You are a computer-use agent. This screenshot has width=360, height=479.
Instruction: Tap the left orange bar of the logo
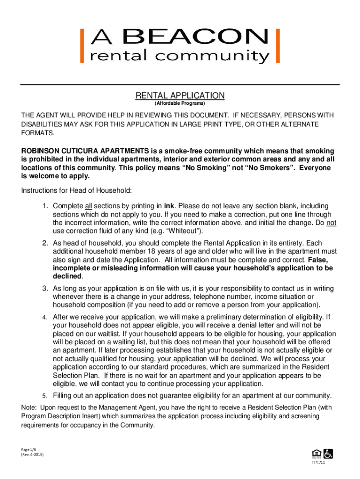pyautogui.click(x=83, y=46)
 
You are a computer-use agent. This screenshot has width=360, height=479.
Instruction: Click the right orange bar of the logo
pyautogui.click(x=278, y=46)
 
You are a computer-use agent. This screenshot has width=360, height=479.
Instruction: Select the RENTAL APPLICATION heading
pyautogui.click(x=180, y=95)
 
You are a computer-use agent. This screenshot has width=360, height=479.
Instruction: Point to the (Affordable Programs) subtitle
pyautogui.click(x=180, y=103)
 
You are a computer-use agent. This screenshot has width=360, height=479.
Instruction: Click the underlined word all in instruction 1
pyautogui.click(x=89, y=206)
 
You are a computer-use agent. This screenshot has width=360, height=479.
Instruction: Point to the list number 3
pyautogui.click(x=45, y=288)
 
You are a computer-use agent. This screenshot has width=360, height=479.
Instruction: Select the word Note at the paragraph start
pyautogui.click(x=29, y=407)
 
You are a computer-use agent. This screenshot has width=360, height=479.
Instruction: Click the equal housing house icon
pyautogui.click(x=315, y=453)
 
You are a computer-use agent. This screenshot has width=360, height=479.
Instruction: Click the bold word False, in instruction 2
pyautogui.click(x=318, y=259)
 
